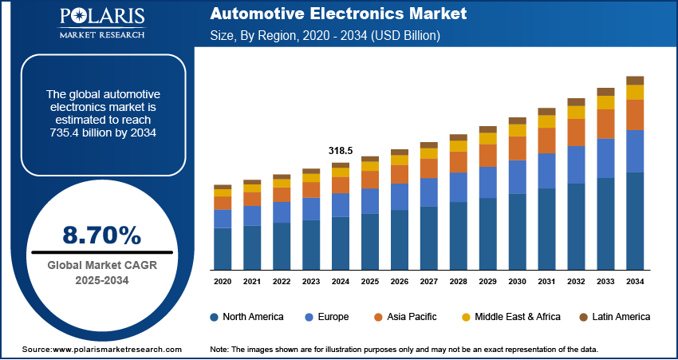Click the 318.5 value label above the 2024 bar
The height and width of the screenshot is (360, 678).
(x=341, y=150)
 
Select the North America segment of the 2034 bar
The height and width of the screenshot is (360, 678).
(x=635, y=220)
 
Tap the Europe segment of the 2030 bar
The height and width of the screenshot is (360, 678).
(x=518, y=176)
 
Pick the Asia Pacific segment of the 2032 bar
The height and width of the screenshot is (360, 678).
(x=576, y=133)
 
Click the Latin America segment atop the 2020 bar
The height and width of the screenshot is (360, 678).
(x=223, y=187)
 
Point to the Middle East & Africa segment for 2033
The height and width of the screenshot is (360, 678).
(x=605, y=102)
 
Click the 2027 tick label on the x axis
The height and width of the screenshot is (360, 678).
(x=429, y=282)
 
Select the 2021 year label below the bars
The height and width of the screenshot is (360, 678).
(x=252, y=282)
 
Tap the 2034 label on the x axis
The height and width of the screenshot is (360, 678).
(x=635, y=282)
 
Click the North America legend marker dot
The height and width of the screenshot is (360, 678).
(x=215, y=317)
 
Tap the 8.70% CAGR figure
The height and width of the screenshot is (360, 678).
(x=101, y=235)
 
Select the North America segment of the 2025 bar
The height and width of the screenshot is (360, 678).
(x=370, y=241)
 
